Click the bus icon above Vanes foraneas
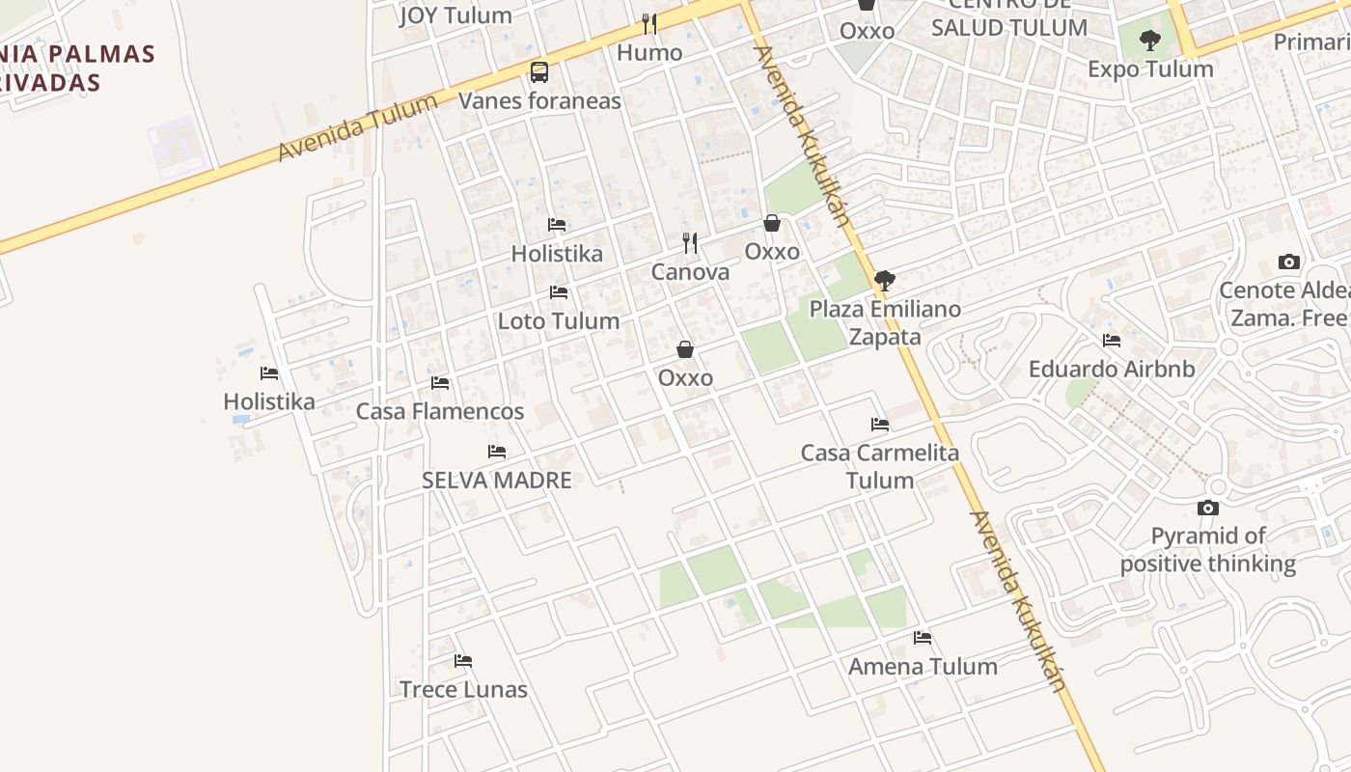539,72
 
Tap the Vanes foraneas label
539,100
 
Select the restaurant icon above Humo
649,23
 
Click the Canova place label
690,272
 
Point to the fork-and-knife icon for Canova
690,242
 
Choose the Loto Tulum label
559,321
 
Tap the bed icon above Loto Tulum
559,291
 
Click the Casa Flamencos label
440,412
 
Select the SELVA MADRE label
497,481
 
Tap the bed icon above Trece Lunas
463,661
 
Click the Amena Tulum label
923,667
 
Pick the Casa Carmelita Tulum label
880,466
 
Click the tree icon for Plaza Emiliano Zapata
884,281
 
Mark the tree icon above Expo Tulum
1149,41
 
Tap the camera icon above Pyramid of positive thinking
1208,508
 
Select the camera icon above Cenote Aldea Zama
1288,262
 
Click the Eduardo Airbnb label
1112,370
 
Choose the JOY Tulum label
455,15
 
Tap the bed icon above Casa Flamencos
440,383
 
